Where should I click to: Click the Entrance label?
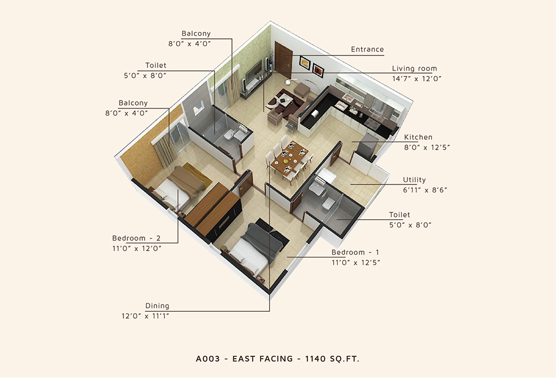pos(367,50)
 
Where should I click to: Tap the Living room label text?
pos(414,69)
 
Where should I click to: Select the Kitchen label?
pos(418,137)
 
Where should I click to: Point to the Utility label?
pos(414,180)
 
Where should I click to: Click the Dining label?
pos(157,305)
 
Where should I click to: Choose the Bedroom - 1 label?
pos(355,252)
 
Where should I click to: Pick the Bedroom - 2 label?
pos(136,238)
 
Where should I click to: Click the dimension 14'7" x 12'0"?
pos(417,79)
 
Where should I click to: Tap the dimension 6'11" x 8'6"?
pos(425,190)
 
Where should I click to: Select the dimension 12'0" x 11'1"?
pos(145,316)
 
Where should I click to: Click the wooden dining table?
pos(290,158)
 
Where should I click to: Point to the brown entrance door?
pos(283,60)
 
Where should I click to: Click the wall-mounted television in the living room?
pos(254,71)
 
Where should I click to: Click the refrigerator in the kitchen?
pos(366,146)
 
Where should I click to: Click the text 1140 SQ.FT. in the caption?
pos(332,359)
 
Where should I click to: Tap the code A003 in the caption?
pos(208,359)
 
